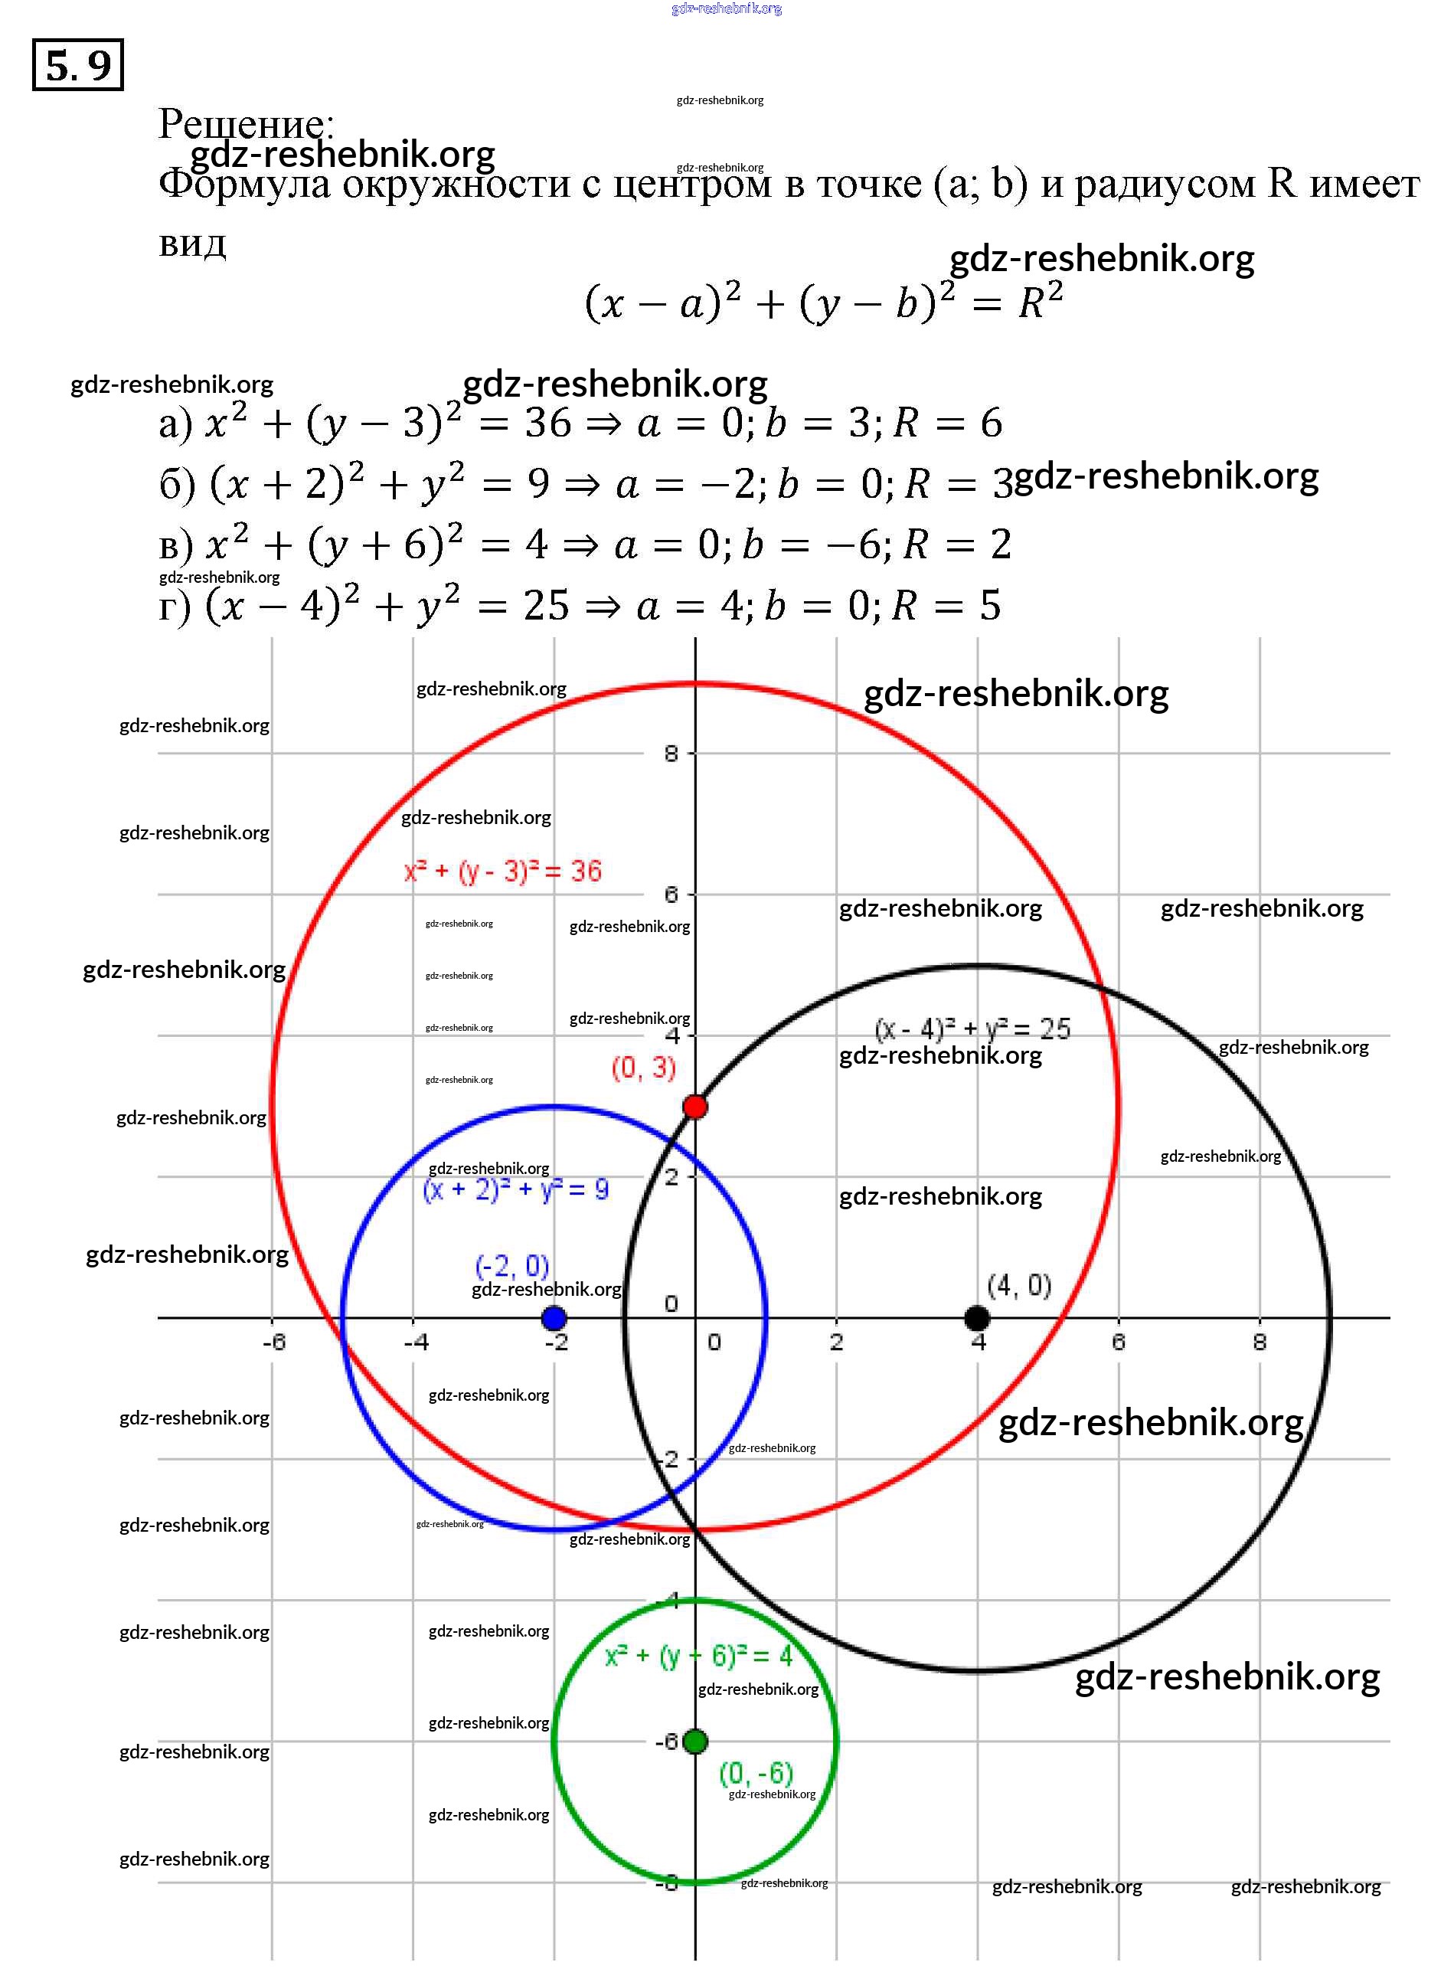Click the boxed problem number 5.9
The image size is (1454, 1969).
coord(77,65)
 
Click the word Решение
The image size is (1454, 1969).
coord(246,123)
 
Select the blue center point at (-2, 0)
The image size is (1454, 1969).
coord(554,1318)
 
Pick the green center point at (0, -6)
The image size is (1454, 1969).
coord(695,1741)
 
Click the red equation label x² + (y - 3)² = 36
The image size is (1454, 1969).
coord(502,872)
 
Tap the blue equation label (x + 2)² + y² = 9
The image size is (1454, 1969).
coord(516,1190)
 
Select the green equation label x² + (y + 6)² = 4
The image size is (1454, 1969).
coord(699,1657)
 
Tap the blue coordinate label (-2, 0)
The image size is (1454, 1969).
coord(512,1266)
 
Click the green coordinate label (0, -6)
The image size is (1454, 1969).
coord(756,1773)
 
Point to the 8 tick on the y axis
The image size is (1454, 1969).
coord(671,754)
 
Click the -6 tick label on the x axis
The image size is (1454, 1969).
coord(273,1343)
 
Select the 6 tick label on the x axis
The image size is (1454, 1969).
coord(1118,1343)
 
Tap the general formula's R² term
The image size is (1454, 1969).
coord(1041,301)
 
